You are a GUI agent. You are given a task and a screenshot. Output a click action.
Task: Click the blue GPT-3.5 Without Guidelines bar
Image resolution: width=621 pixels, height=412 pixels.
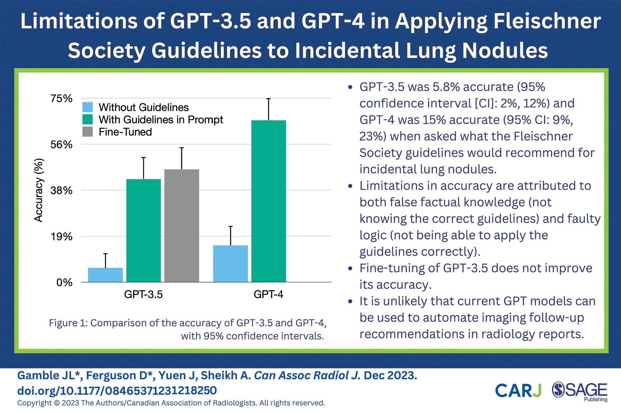click(105, 275)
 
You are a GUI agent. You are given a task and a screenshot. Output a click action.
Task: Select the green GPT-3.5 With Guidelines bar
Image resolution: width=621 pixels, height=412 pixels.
click(143, 230)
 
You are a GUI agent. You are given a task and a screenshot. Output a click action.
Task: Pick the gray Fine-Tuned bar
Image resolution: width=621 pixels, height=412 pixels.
click(182, 226)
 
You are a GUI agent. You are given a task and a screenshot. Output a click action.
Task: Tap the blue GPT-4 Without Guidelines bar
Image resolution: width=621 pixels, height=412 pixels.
click(230, 263)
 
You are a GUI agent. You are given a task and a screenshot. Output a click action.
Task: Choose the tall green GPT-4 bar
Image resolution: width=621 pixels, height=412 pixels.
click(269, 201)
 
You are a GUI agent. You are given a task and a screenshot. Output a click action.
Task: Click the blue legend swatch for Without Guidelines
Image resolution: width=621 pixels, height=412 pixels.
click(88, 107)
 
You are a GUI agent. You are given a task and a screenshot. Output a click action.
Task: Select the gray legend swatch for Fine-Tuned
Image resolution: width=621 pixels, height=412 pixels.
click(88, 132)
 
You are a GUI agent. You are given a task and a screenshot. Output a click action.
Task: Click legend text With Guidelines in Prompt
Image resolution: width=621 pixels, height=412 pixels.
click(161, 119)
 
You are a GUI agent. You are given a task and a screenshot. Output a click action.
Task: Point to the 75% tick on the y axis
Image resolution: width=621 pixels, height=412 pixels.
click(61, 99)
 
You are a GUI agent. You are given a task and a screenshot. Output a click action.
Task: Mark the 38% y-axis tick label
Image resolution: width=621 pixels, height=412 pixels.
click(61, 190)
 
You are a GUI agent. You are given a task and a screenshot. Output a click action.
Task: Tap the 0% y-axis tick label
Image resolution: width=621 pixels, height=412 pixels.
click(64, 283)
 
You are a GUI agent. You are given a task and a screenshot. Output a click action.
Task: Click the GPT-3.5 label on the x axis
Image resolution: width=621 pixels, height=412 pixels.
click(143, 294)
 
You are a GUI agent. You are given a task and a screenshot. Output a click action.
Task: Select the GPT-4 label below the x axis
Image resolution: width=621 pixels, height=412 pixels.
click(269, 294)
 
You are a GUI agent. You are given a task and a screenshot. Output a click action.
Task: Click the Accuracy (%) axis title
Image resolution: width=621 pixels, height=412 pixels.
click(38, 190)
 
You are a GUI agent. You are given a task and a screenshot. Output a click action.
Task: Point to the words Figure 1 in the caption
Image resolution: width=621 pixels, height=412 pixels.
click(68, 323)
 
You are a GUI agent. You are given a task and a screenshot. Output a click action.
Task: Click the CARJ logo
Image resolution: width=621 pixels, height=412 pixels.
click(518, 390)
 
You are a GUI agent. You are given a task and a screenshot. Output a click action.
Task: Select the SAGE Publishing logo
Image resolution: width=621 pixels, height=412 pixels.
click(580, 391)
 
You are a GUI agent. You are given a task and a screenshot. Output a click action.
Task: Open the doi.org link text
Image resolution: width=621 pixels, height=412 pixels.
click(117, 390)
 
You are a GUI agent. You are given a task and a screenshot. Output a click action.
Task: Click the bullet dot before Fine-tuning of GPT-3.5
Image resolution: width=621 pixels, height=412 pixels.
click(351, 268)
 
